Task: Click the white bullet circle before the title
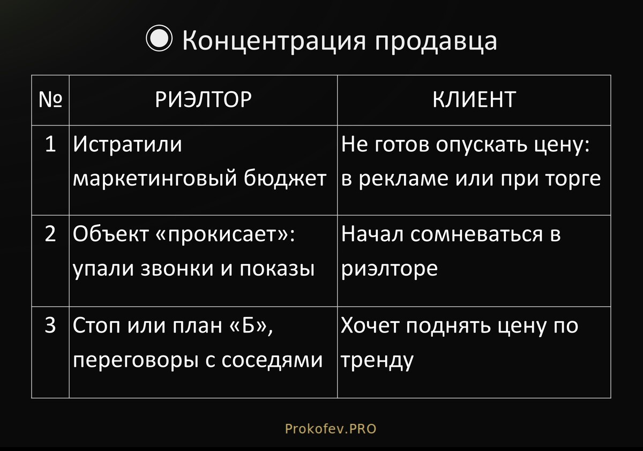point(159,38)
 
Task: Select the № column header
point(50,100)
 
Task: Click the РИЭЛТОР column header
point(203,100)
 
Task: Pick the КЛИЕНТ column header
point(474,100)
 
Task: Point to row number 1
point(50,144)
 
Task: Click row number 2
point(50,234)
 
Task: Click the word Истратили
point(127,144)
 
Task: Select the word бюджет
point(285,178)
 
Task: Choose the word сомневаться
point(476,235)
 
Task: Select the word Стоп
point(96,326)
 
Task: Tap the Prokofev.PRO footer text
point(331,429)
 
